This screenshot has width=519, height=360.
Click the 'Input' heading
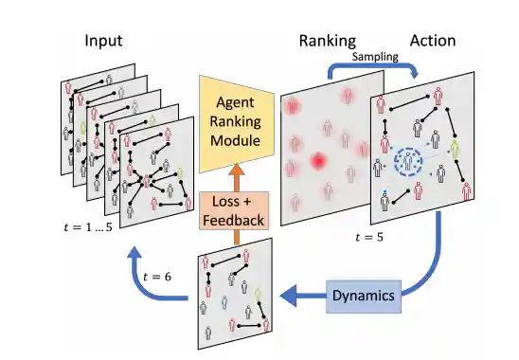coord(104,41)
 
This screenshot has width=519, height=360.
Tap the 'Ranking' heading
coord(327,41)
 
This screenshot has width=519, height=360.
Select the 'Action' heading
coord(432,41)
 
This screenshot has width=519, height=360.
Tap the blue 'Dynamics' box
coord(361,295)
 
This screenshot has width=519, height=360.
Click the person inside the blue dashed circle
coord(408,162)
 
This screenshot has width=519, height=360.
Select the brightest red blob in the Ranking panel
coord(318,162)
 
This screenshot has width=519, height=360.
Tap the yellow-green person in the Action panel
coord(456,149)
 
